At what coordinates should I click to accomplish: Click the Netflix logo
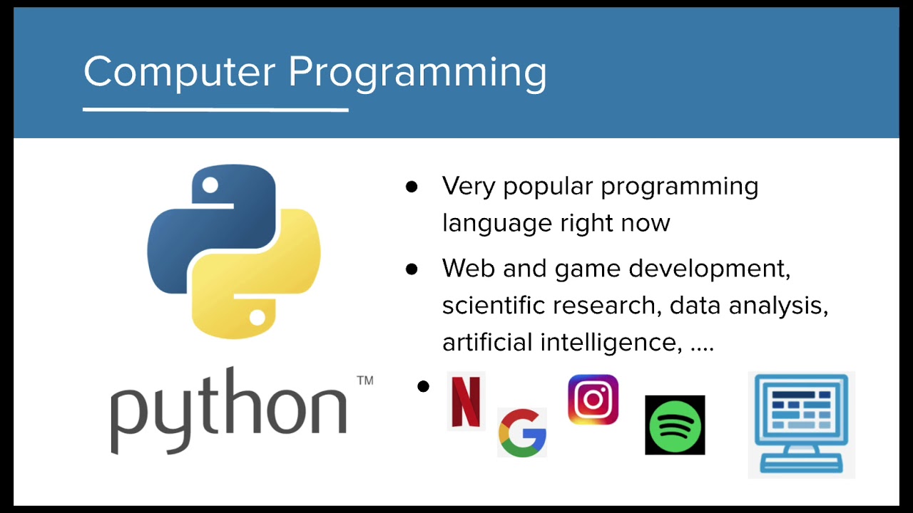pos(466,401)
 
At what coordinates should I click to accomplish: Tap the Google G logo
pos(522,432)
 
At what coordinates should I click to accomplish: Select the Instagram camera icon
pos(593,400)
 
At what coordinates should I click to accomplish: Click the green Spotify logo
pos(675,425)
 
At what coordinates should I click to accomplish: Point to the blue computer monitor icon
pos(802,423)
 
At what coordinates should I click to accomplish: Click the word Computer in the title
pos(179,72)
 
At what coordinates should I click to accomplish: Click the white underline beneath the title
pos(215,110)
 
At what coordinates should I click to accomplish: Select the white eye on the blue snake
pos(210,186)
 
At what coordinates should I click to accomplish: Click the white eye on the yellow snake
pos(257,317)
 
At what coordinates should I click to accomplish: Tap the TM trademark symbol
pos(364,380)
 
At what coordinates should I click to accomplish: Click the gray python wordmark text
pos(228,410)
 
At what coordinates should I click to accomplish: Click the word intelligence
pos(608,343)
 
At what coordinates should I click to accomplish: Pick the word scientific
pos(493,306)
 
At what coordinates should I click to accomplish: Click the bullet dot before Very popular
pos(412,187)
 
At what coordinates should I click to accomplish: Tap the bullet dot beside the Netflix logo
pos(424,387)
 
